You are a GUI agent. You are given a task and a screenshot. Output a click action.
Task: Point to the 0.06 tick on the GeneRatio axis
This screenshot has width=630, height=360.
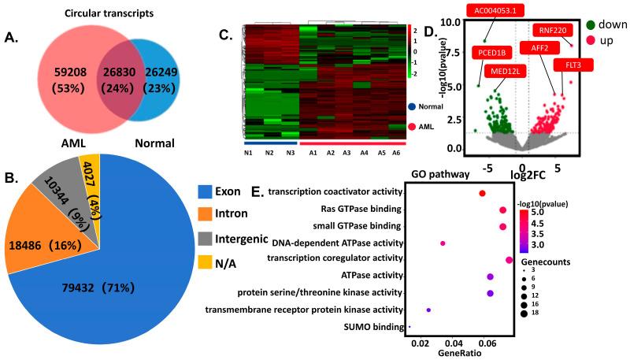point(487,343)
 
